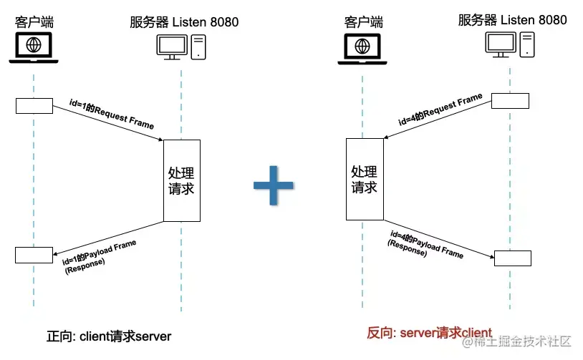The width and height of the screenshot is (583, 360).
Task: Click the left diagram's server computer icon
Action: click(182, 47)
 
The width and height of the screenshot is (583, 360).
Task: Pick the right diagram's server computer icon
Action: click(510, 44)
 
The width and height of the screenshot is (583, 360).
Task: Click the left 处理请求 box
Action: click(181, 180)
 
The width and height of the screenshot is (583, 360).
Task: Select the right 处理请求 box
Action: click(364, 179)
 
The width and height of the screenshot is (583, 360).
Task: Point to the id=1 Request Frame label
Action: click(112, 115)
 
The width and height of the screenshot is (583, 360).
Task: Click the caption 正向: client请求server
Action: click(110, 336)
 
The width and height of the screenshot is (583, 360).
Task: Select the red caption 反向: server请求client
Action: click(429, 332)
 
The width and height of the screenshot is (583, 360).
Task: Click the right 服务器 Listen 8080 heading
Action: click(512, 19)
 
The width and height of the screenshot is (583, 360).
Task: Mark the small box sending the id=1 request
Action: click(34, 105)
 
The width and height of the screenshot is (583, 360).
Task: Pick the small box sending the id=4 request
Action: click(510, 100)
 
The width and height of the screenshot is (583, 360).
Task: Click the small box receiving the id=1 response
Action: click(34, 255)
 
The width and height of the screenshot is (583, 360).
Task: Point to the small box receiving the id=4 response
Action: click(512, 258)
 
